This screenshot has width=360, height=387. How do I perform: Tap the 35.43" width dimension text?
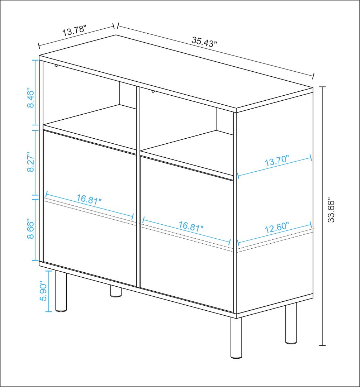click(204, 42)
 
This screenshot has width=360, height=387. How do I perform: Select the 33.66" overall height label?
click(331, 210)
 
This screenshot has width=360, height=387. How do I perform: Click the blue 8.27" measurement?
click(30, 162)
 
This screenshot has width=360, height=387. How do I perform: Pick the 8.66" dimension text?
click(30, 229)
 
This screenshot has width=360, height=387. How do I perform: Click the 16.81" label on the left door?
click(89, 199)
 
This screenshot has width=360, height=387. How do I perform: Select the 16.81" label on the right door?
click(191, 226)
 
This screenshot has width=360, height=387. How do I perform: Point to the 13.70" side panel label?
click(277, 161)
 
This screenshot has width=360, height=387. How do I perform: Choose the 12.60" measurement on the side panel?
click(277, 228)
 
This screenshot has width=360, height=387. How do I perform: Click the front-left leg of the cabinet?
click(61, 291)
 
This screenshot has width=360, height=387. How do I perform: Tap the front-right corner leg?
click(236, 338)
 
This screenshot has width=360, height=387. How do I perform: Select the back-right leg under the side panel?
click(291, 323)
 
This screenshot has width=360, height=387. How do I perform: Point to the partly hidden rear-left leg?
click(115, 291)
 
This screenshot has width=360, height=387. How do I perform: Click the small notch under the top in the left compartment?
click(57, 66)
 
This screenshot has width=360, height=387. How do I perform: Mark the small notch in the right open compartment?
click(153, 92)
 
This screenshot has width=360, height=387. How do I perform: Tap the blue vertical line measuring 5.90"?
click(49, 291)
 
